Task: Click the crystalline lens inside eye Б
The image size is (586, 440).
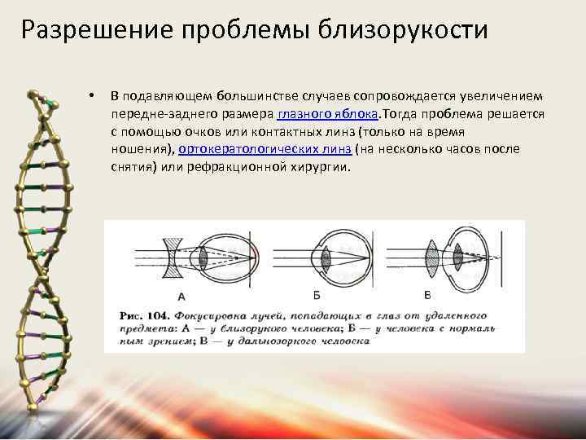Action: (x=326, y=259)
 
